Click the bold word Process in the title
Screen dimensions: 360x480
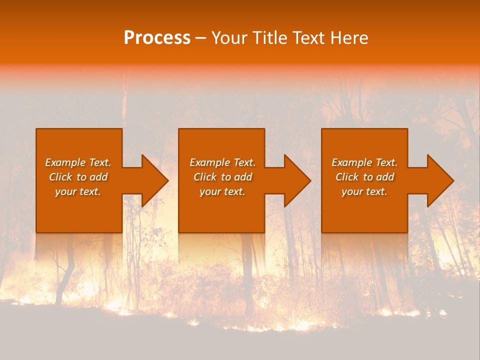click(x=157, y=37)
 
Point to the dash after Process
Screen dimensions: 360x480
click(x=201, y=38)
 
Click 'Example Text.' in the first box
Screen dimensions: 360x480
click(x=78, y=162)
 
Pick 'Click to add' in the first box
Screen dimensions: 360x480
click(x=78, y=177)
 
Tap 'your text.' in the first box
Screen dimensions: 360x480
click(x=78, y=191)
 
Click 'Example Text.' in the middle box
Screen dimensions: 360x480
click(x=222, y=162)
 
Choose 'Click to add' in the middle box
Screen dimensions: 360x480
click(x=222, y=177)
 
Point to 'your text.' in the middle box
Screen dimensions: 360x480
click(x=222, y=191)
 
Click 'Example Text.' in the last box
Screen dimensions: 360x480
click(x=364, y=162)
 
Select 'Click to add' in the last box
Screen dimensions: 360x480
click(x=364, y=177)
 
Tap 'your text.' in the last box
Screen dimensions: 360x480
click(x=364, y=191)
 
